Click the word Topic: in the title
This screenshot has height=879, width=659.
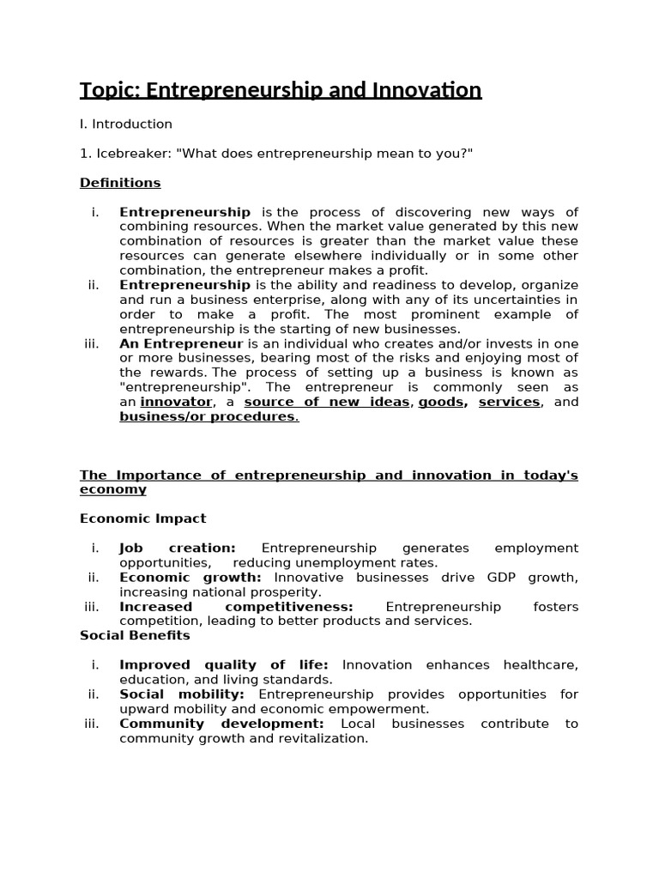(x=110, y=90)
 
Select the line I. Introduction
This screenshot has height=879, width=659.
(x=126, y=124)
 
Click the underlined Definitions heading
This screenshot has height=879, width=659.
(x=120, y=182)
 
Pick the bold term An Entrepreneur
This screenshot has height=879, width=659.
(x=181, y=343)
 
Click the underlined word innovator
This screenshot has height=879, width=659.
(x=176, y=402)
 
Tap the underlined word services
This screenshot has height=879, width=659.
(x=509, y=402)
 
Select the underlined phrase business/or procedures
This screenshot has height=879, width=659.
(x=209, y=416)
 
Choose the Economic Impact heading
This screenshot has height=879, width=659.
(x=143, y=518)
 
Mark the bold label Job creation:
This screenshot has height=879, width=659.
(x=178, y=548)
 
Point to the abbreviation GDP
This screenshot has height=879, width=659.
(x=507, y=577)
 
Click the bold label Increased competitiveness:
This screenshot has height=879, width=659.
(x=236, y=606)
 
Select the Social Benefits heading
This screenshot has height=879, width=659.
(x=135, y=635)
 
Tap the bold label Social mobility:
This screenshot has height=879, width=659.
(x=182, y=694)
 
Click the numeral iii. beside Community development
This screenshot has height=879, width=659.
(x=92, y=723)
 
